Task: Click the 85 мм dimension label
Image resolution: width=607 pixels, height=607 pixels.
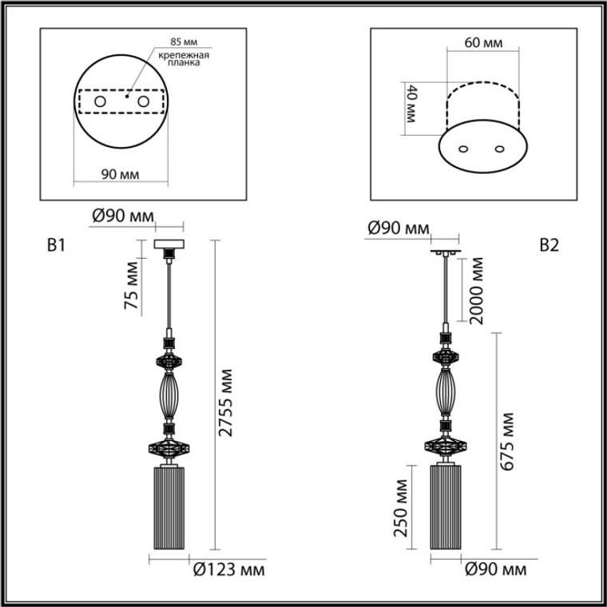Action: click(x=184, y=42)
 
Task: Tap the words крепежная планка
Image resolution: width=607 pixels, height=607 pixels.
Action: click(x=184, y=58)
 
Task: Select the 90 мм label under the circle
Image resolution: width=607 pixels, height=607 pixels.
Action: click(x=121, y=175)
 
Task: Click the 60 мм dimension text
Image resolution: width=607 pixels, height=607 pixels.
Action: click(x=483, y=42)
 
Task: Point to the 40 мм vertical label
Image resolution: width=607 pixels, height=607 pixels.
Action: click(x=411, y=104)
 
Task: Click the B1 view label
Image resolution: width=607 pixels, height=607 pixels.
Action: click(x=56, y=245)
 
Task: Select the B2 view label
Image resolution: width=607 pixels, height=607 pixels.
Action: click(x=549, y=245)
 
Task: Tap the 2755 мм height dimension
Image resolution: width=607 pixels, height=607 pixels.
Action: click(x=225, y=403)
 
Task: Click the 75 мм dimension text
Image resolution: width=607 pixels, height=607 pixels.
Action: click(x=131, y=285)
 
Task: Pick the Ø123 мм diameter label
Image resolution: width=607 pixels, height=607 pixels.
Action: click(x=229, y=569)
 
